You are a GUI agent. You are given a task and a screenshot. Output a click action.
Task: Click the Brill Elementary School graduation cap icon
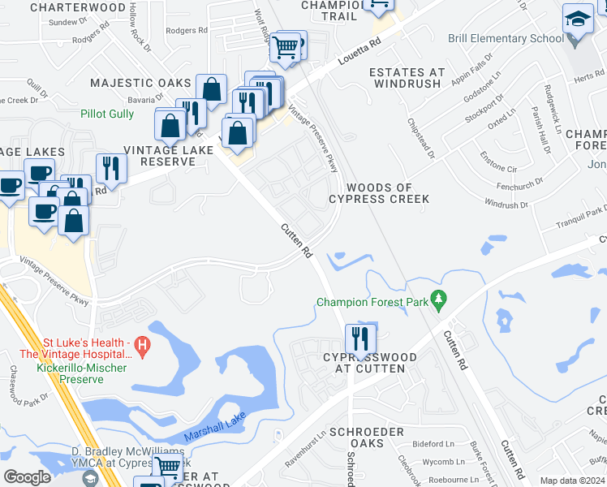click(x=578, y=18)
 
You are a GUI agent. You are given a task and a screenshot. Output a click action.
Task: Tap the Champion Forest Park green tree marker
click(x=439, y=301)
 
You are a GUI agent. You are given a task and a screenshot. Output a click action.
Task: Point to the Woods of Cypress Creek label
click(x=379, y=193)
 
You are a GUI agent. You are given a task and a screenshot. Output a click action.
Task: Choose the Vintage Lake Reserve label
click(x=159, y=156)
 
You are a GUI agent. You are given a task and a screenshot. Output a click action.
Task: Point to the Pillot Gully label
click(x=107, y=114)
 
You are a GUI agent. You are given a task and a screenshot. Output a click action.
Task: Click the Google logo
click(x=27, y=476)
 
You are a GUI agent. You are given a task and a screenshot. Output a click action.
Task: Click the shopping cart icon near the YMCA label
click(x=168, y=467)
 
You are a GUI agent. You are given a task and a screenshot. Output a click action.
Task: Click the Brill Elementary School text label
click(x=506, y=38)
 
